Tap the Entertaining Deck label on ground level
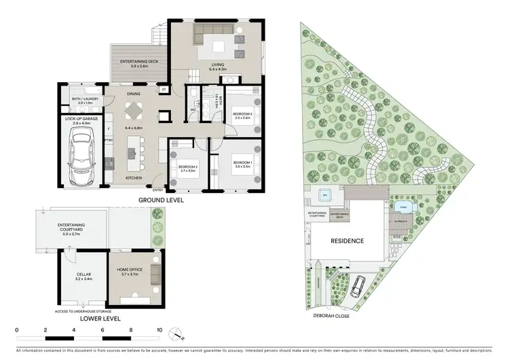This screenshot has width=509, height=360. coord(138,63)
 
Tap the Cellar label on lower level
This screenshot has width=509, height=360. coord(84,274)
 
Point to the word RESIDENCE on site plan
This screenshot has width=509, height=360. coord(347,241)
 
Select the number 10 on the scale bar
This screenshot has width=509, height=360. coord(159,329)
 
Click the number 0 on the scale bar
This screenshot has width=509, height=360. coord(16,329)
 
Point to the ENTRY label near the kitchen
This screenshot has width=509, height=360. coord(157,190)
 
